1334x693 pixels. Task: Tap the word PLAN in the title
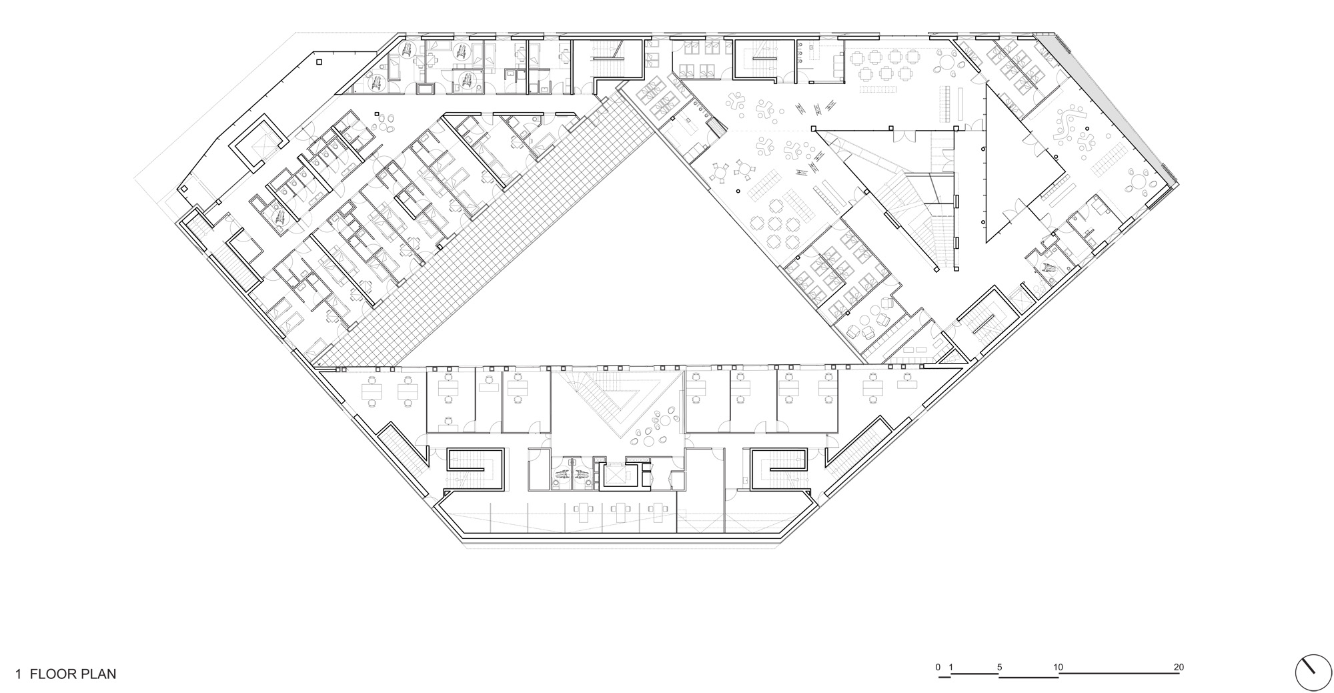pyautogui.click(x=99, y=674)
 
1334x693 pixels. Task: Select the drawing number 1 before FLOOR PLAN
pyautogui.click(x=19, y=674)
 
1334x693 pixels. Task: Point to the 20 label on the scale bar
pyautogui.click(x=1179, y=667)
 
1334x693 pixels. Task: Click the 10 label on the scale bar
pyautogui.click(x=1059, y=667)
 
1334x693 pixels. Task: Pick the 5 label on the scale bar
pyautogui.click(x=999, y=667)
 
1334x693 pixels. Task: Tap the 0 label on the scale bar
pyautogui.click(x=938, y=667)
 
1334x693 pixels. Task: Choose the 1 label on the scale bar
pyautogui.click(x=951, y=667)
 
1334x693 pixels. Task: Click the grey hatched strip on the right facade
pyautogui.click(x=1107, y=100)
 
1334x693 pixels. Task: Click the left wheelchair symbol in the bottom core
pyautogui.click(x=561, y=475)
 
